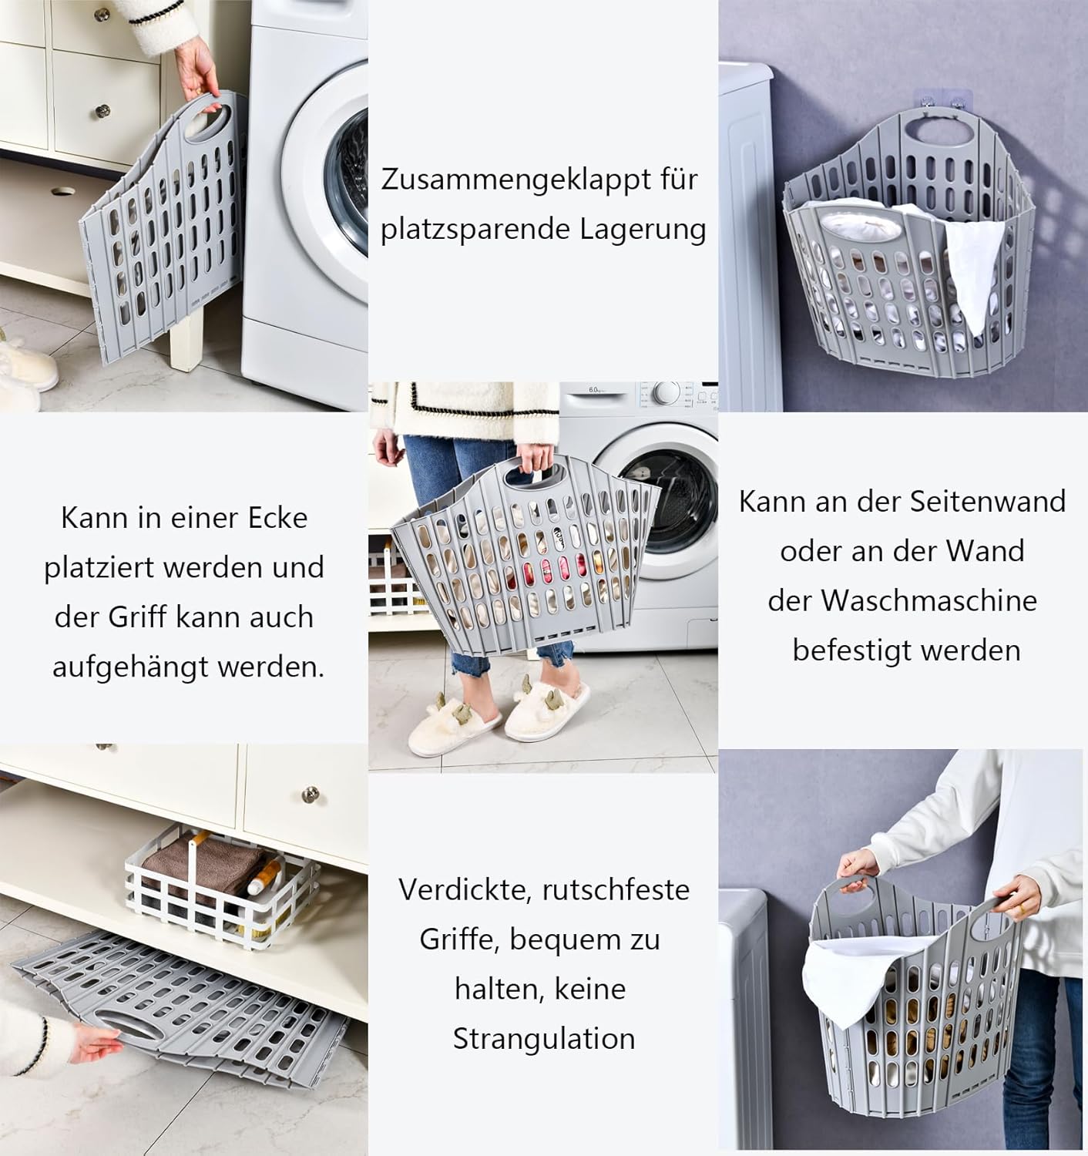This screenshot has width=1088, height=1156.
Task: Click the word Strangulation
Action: pos(543,1038)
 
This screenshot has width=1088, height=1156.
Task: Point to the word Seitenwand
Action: pos(988,502)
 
